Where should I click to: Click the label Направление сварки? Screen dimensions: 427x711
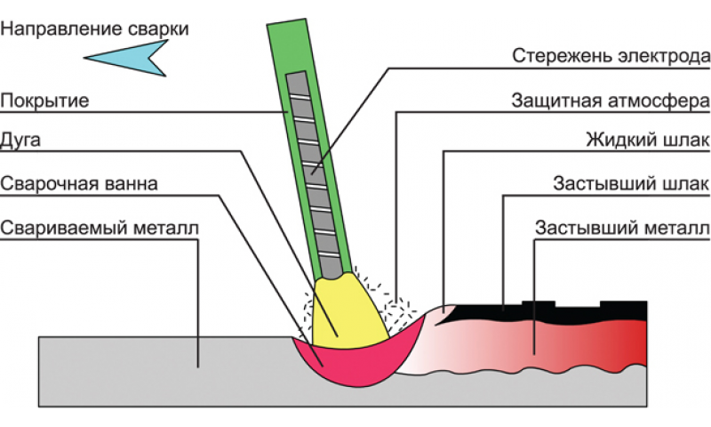tap(95, 28)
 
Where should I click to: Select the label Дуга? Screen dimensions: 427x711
tap(21, 141)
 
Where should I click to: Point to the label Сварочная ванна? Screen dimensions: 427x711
tap(79, 184)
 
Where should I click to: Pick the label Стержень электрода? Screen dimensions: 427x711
tap(611, 56)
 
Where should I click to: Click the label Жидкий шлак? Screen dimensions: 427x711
tap(648, 141)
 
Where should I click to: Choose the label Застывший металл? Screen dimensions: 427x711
tap(621, 227)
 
